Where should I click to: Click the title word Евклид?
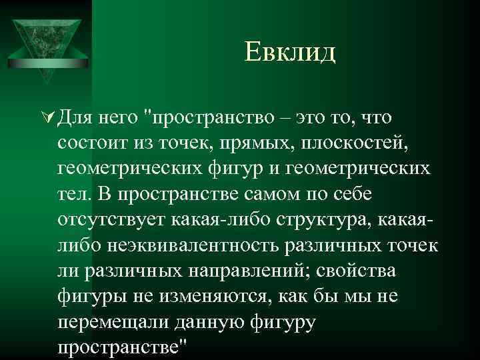(290, 51)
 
